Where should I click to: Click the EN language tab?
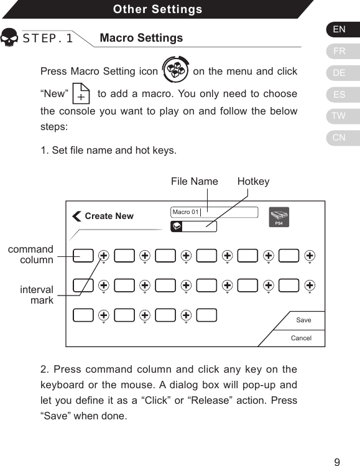coord(339,29)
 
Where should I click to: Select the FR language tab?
coord(339,51)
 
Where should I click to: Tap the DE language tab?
coord(339,73)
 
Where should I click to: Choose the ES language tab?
coord(339,95)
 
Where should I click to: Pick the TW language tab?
coord(339,116)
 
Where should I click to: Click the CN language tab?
coord(339,137)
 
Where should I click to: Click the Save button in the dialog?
coord(303,320)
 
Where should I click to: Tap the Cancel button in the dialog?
coord(301,338)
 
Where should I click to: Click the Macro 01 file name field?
coord(214,212)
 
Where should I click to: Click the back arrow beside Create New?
coord(76,216)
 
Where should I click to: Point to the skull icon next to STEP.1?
coord(9,38)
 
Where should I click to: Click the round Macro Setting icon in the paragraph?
coord(175,70)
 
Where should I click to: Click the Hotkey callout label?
coord(253,181)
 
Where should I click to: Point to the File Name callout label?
coord(194,181)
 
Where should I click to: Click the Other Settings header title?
coord(157,9)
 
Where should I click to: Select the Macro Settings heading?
coord(141,38)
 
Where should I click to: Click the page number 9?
coord(337,462)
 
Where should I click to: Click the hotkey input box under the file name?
coord(194,226)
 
